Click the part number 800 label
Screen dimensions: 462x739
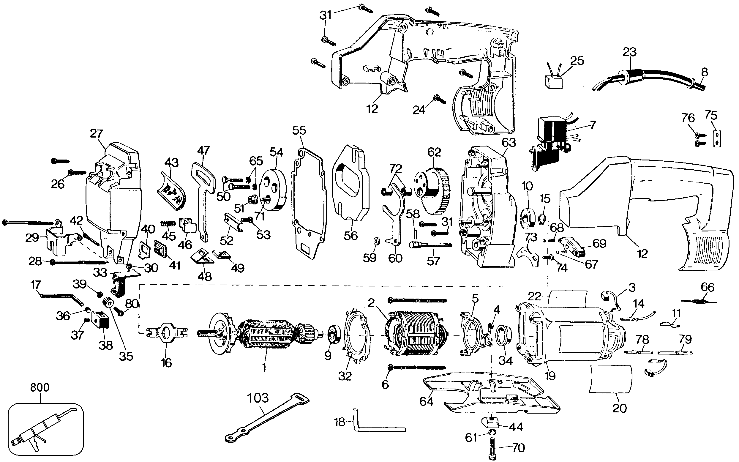click(40, 387)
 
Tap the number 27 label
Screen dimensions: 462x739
click(97, 134)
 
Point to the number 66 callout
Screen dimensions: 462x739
click(707, 287)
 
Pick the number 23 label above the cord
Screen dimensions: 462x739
click(629, 52)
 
